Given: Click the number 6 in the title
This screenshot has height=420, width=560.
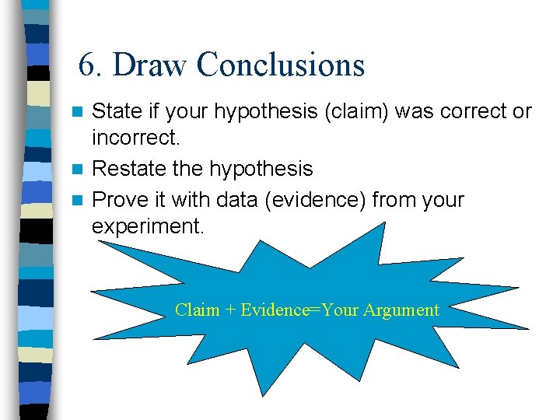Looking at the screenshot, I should click(87, 65).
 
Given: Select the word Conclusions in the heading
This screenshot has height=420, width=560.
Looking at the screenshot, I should click(280, 65).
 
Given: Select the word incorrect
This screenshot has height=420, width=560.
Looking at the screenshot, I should click(135, 138).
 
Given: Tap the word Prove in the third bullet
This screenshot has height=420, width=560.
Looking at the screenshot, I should click(117, 200).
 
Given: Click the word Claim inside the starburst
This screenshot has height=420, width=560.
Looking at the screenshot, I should click(197, 310).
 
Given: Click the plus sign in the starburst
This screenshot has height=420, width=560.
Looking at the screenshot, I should click(230, 310).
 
